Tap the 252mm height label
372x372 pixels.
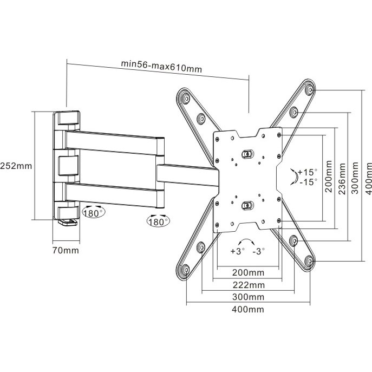[15, 165]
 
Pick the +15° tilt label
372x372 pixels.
[308, 172]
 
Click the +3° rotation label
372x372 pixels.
[237, 252]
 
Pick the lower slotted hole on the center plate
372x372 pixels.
[247, 205]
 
